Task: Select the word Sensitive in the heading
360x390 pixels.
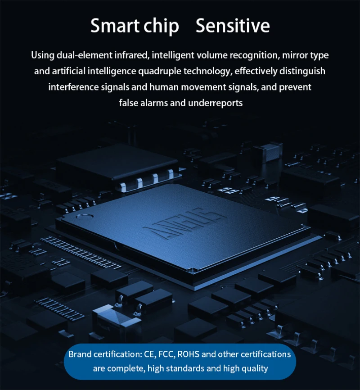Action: [233, 26]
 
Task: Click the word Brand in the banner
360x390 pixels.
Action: [80, 354]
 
